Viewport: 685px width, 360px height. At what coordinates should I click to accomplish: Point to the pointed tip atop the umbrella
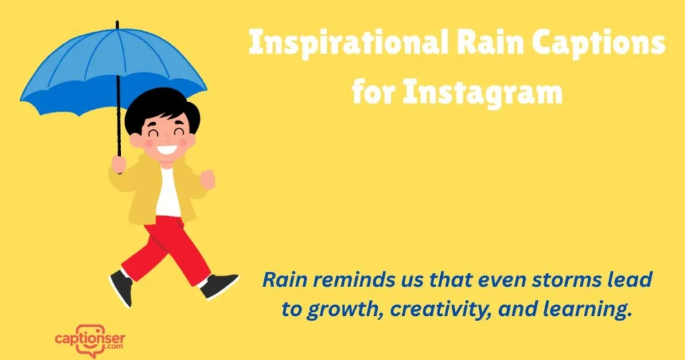(x=117, y=25)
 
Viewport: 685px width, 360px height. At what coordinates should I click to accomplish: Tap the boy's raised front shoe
(x=221, y=285)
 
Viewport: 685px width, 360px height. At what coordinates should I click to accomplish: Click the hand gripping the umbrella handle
(x=119, y=163)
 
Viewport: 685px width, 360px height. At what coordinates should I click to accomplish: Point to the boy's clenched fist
(x=207, y=178)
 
